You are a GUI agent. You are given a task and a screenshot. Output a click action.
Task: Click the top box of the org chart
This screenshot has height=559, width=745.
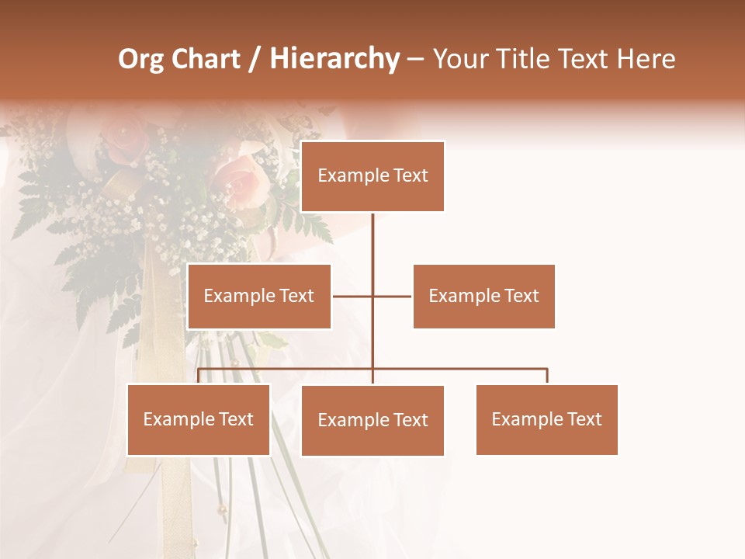(372, 176)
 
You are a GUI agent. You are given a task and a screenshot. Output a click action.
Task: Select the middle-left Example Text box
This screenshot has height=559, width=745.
(259, 296)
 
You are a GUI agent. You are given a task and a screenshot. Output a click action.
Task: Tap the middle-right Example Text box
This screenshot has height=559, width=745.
(483, 296)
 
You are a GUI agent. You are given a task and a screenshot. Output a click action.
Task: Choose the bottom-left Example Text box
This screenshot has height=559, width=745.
(199, 419)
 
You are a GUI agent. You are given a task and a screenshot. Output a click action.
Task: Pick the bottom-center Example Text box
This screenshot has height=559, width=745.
(372, 420)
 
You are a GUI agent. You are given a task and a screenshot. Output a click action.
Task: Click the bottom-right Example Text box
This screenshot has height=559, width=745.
(546, 419)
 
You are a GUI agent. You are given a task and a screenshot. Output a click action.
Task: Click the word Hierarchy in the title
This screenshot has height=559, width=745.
(334, 59)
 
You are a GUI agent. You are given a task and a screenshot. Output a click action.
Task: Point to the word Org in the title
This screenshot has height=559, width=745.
(140, 59)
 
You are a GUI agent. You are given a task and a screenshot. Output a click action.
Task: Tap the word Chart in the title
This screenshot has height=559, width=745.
(205, 59)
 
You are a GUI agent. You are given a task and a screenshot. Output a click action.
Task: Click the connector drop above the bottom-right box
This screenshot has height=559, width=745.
(547, 377)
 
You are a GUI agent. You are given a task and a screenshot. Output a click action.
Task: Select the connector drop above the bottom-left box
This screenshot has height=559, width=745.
(199, 377)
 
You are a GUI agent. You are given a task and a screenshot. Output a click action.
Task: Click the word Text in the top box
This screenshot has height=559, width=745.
(409, 176)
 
